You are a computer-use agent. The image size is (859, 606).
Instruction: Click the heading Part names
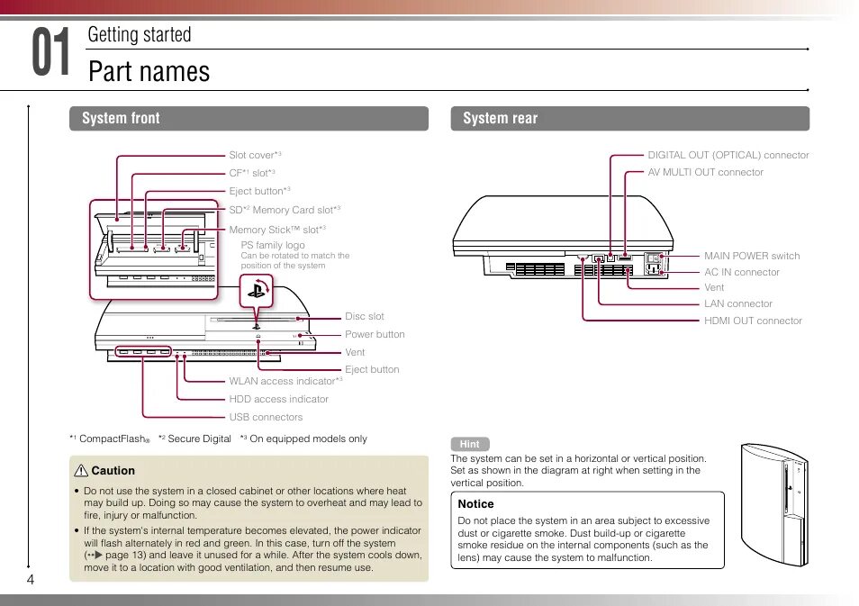coord(149,71)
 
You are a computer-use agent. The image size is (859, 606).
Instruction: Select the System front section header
coord(121,118)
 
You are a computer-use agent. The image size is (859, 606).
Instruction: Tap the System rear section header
coord(500,118)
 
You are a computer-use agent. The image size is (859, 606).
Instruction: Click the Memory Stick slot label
coord(276,231)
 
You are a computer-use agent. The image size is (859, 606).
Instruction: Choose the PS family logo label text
coord(273,245)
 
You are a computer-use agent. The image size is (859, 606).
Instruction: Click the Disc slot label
coord(364,316)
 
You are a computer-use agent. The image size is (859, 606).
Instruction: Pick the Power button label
coord(375,334)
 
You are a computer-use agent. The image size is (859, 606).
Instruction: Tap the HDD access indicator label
coord(278,399)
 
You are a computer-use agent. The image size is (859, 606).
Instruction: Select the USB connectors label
coord(266,417)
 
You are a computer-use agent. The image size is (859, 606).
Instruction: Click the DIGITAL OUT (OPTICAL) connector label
coord(728,155)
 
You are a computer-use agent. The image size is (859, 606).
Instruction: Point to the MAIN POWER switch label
coord(751,256)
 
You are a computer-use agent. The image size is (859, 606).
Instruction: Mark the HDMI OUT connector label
coord(753,321)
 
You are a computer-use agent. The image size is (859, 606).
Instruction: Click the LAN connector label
coord(737,303)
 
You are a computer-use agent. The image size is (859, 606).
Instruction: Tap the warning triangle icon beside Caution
coord(81,471)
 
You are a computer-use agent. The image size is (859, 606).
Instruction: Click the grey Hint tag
coord(470,444)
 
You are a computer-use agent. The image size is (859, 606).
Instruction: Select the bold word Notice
coord(475,504)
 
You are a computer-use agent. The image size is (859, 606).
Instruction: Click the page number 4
coord(30,579)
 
